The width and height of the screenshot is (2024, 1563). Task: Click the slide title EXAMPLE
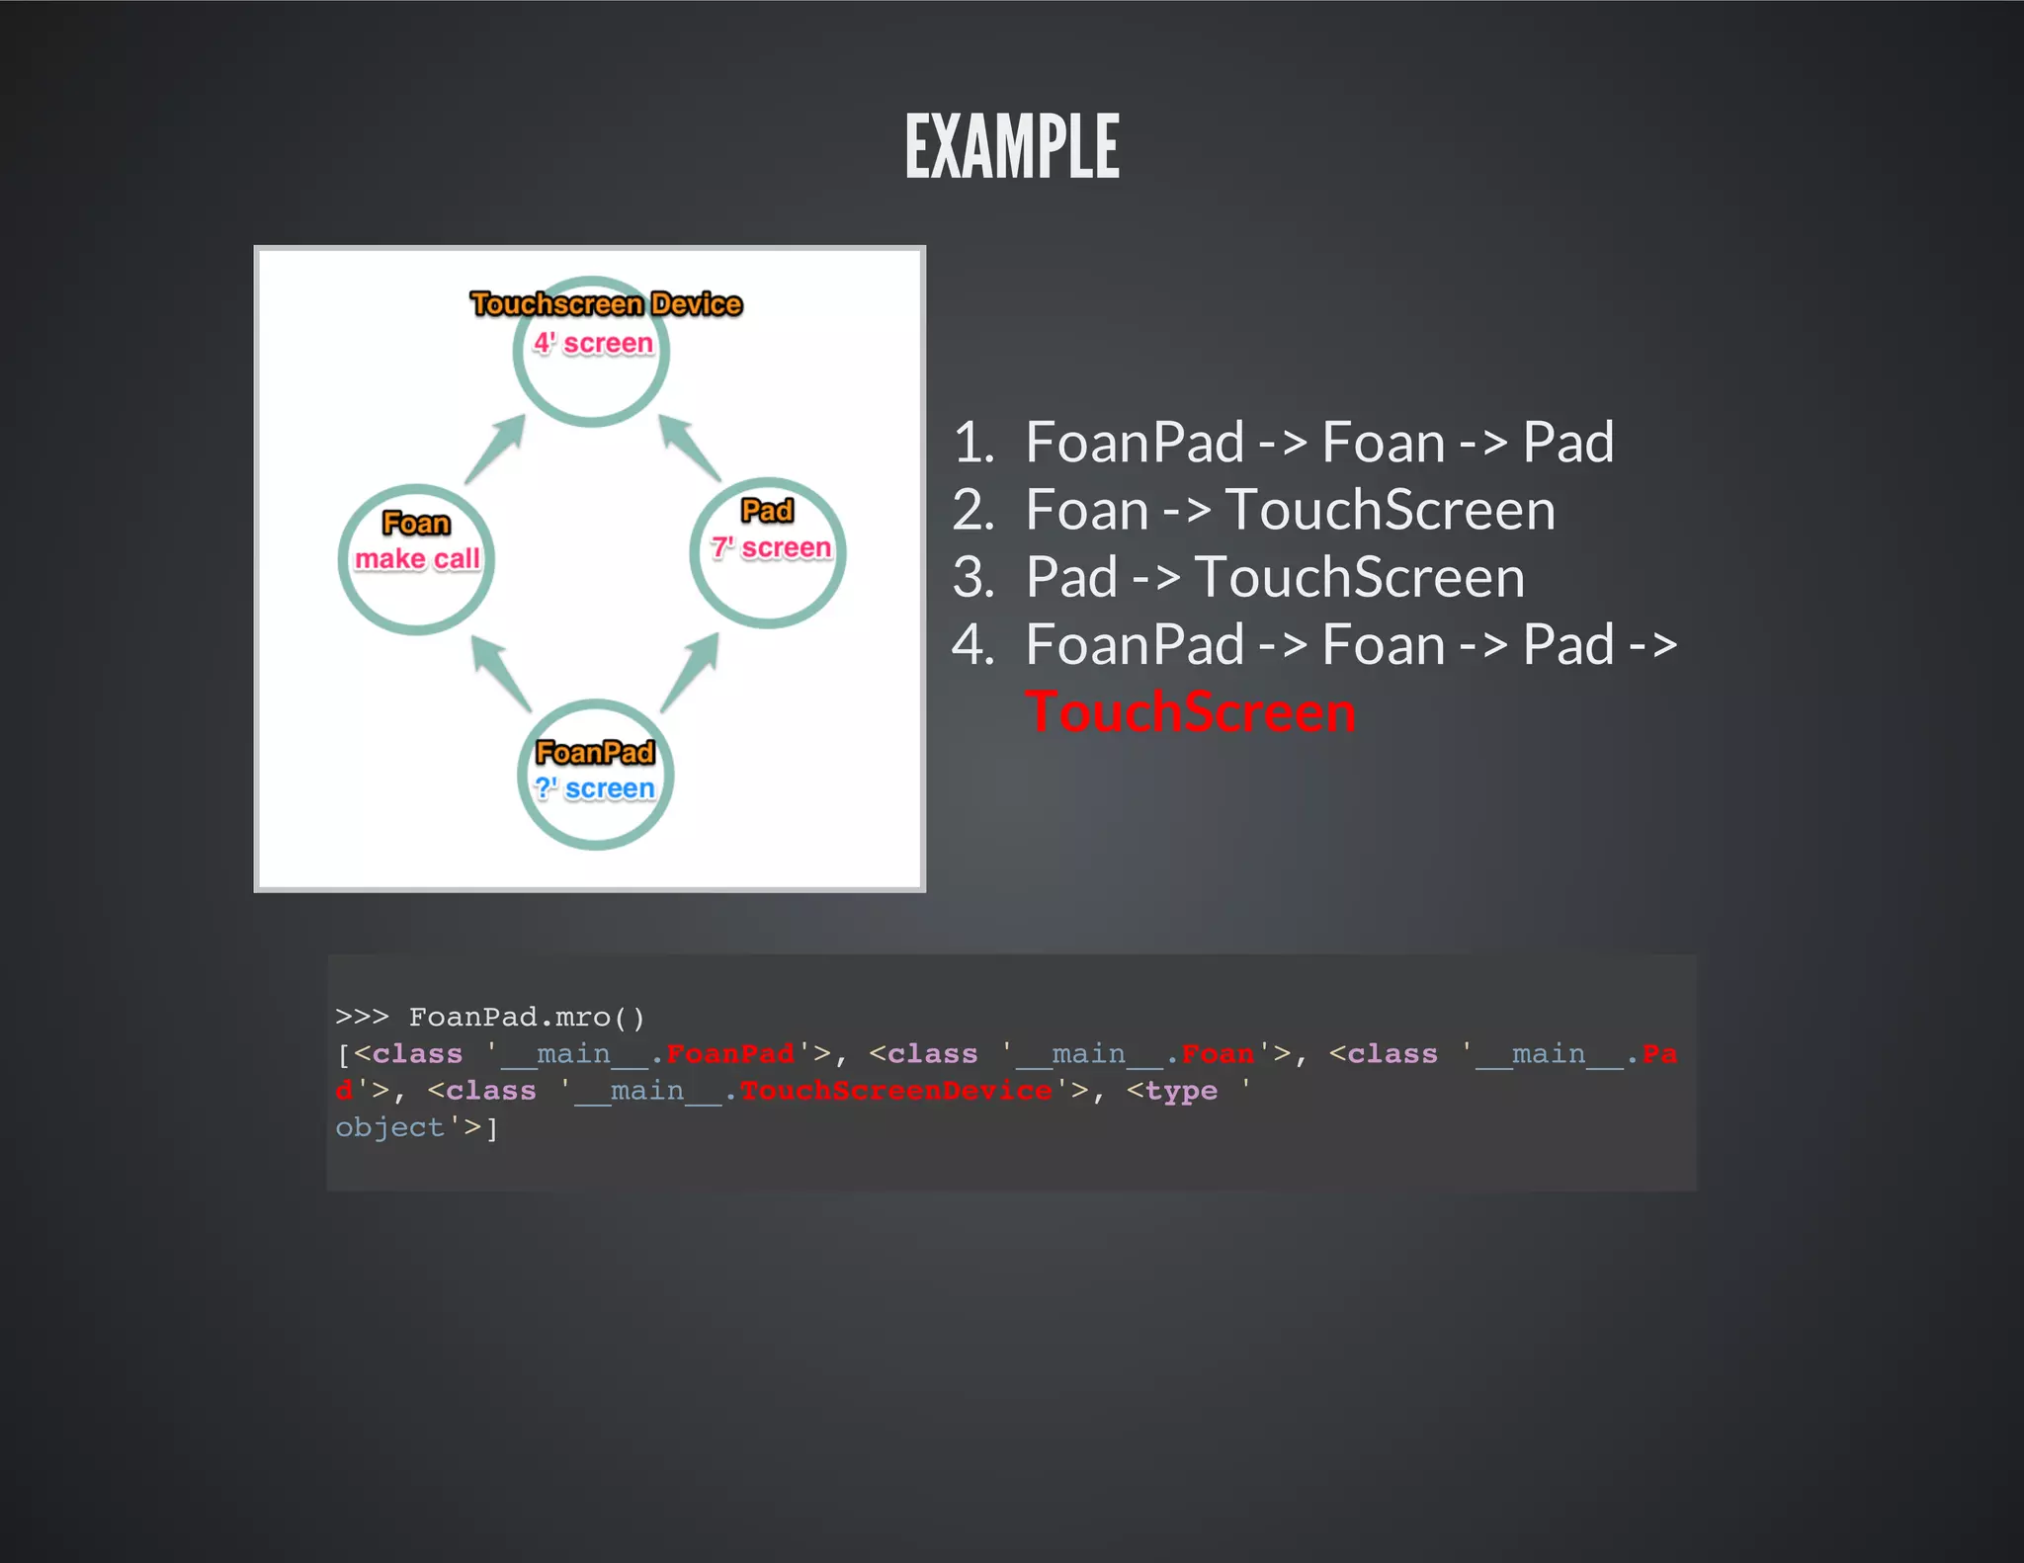coord(1012,147)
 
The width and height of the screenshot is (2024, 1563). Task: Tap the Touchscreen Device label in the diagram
coord(606,303)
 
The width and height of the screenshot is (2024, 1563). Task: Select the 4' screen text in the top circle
coord(593,343)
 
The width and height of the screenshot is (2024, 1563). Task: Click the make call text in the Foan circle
coord(417,559)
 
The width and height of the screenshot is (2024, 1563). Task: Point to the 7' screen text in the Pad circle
coord(771,547)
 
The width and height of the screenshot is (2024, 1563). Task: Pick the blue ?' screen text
coord(595,788)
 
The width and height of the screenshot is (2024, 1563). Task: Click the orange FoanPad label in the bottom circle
coord(595,753)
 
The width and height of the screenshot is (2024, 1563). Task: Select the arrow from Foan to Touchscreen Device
coord(495,449)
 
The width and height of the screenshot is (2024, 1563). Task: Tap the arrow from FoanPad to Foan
coord(501,673)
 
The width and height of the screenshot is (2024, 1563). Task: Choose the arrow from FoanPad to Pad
coord(690,671)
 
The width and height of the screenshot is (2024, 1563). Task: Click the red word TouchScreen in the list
coord(1190,712)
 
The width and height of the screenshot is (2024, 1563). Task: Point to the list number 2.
coord(973,510)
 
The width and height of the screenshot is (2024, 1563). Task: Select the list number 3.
coord(973,578)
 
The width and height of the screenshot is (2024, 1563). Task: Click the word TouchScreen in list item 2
coord(1390,510)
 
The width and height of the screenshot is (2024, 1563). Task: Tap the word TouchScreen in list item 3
coord(1359,578)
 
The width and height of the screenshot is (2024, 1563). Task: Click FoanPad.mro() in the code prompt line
coord(527,1017)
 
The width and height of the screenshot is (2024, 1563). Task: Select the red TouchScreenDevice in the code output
coord(896,1091)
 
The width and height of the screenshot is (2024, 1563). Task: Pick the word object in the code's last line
coord(389,1127)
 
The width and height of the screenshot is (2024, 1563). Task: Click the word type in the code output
coord(1181,1091)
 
